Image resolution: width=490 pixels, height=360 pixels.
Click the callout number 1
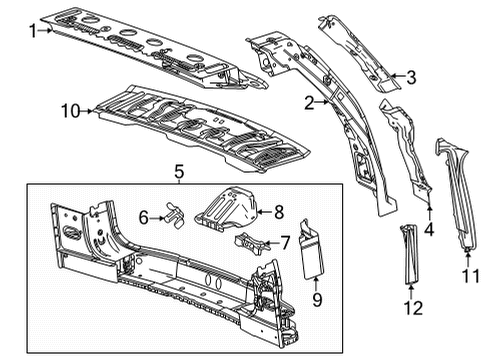click(x=32, y=31)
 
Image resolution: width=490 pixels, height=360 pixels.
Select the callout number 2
click(x=311, y=102)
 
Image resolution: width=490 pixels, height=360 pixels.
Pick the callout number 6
click(x=143, y=217)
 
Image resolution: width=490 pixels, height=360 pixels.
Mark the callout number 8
click(x=279, y=211)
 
